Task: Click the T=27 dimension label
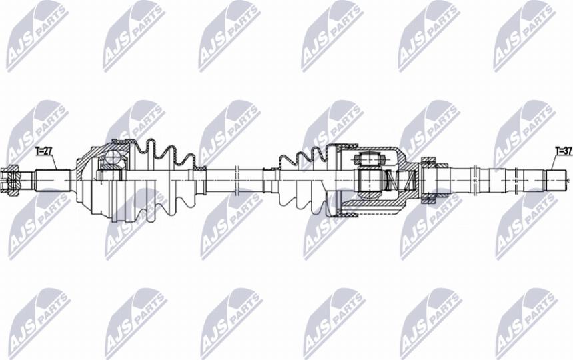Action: [43, 151]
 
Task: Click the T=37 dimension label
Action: [563, 151]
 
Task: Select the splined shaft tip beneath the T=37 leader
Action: [556, 180]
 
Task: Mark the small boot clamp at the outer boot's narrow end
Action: [200, 169]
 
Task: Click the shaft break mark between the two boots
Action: [237, 180]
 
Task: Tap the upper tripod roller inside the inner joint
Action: [370, 159]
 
